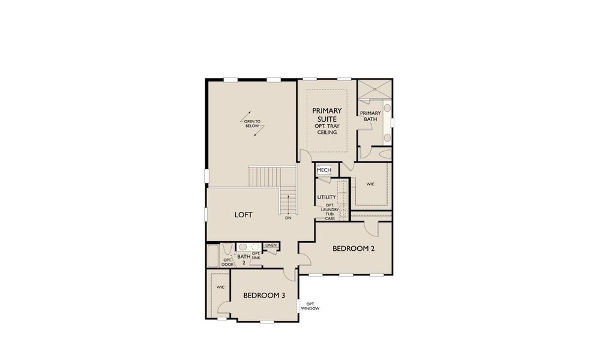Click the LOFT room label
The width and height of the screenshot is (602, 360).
(243, 215)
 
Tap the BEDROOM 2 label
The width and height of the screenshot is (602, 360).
(346, 248)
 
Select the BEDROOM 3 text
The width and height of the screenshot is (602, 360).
(264, 295)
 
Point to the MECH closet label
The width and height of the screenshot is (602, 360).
(324, 170)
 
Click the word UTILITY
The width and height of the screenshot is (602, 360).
(327, 197)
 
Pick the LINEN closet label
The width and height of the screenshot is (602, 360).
(270, 245)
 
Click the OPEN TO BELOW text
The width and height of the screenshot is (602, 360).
(252, 124)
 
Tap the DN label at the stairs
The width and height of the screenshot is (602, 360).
(288, 218)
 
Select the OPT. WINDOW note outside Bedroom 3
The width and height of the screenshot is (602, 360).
(310, 306)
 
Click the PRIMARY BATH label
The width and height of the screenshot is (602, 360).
(370, 116)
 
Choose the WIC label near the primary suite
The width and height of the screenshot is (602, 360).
(370, 184)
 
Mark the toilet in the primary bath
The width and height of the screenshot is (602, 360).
(384, 154)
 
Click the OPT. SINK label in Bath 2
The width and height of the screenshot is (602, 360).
(256, 255)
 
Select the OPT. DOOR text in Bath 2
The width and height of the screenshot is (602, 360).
(227, 262)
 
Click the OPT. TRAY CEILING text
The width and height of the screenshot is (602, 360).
(327, 128)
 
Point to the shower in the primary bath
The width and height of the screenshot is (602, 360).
(374, 91)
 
